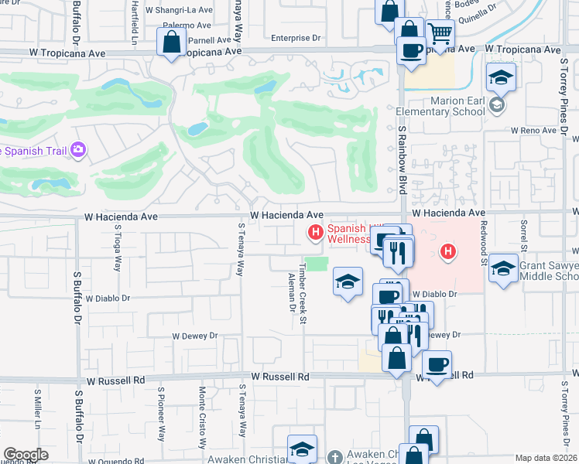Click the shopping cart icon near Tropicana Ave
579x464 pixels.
[440, 33]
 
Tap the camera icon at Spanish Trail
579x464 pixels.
[77, 149]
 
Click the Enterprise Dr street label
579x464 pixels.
[296, 38]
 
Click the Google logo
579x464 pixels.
[26, 455]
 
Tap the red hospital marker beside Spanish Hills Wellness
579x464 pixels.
[315, 231]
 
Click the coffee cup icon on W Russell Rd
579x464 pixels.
[437, 363]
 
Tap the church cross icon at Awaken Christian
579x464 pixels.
[334, 457]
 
